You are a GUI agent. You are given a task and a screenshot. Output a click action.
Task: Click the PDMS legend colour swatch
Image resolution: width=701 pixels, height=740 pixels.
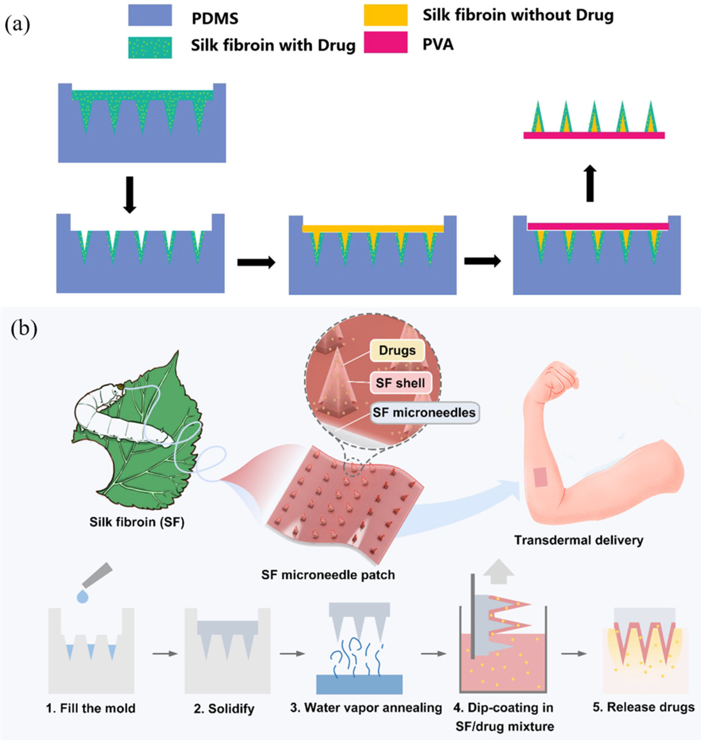[x=150, y=15]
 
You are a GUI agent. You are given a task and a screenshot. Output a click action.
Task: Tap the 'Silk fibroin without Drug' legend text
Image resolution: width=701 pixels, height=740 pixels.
[x=518, y=15]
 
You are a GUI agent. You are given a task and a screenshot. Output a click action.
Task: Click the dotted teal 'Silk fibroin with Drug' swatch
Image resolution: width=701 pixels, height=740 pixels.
[x=150, y=47]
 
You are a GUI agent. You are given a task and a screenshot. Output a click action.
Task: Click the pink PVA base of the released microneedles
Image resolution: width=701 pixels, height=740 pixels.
[x=594, y=135]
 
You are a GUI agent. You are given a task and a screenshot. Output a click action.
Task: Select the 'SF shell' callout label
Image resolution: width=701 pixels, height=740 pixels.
[x=400, y=383]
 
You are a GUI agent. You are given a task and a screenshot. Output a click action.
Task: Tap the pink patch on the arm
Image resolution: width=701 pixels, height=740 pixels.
[x=541, y=478]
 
